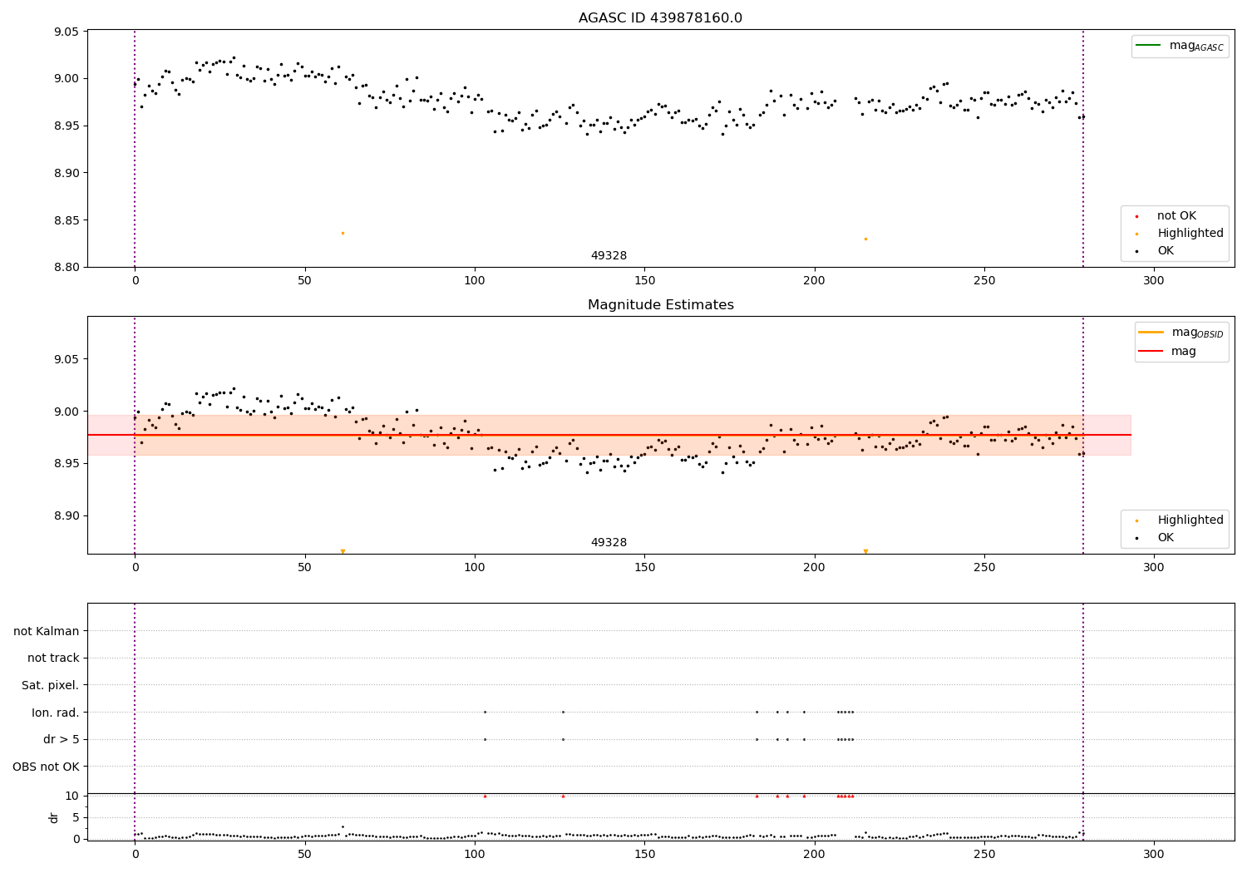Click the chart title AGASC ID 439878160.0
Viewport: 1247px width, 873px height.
[660, 18]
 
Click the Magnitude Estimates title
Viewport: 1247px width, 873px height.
[660, 305]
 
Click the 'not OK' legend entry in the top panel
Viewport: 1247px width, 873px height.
[1176, 216]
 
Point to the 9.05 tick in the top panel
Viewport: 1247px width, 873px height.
[66, 32]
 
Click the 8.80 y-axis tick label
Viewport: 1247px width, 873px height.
[66, 267]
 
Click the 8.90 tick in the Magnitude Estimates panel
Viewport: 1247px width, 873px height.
[66, 515]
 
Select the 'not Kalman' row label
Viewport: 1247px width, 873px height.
[46, 631]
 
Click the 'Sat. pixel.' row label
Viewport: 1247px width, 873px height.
[50, 685]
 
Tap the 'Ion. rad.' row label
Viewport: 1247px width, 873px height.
[55, 713]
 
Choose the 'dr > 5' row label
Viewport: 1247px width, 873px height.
[61, 739]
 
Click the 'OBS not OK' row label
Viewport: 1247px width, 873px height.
[46, 767]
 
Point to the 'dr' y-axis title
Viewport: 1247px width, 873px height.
[54, 817]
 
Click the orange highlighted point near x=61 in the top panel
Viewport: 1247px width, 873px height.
[343, 233]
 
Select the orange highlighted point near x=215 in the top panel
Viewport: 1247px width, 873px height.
[865, 239]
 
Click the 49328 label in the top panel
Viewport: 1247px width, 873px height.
[609, 255]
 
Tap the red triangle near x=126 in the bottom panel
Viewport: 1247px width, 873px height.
[563, 796]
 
